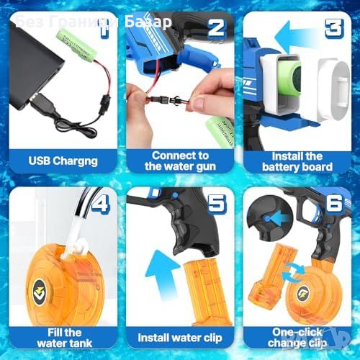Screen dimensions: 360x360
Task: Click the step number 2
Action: tap(217, 28)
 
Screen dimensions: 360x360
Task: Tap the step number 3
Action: tap(335, 28)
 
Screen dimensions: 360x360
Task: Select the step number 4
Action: tap(101, 204)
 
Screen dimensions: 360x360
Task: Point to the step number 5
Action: tap(217, 204)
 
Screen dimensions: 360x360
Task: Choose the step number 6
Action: tap(334, 204)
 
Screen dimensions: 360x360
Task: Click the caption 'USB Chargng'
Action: tap(63, 161)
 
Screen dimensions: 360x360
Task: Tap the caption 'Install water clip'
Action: tap(180, 338)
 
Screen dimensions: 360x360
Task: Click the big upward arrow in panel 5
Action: tap(161, 274)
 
